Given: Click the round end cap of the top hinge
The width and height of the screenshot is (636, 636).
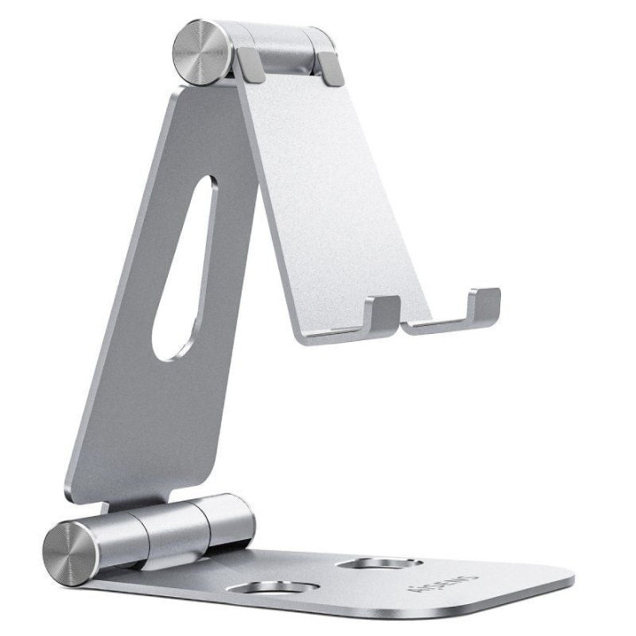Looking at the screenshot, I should click(200, 52).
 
